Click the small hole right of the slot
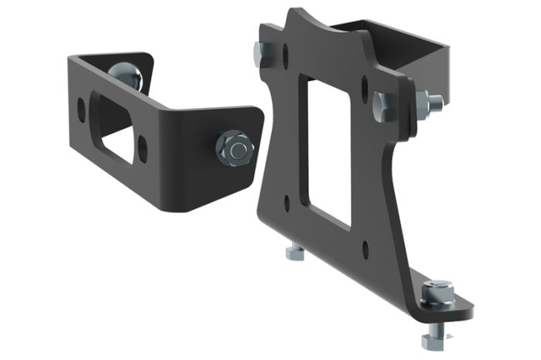(x=143, y=144)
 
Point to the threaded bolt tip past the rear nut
(x=437, y=101)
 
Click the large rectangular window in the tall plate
(x=328, y=147)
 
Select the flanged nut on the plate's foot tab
(x=437, y=292)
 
